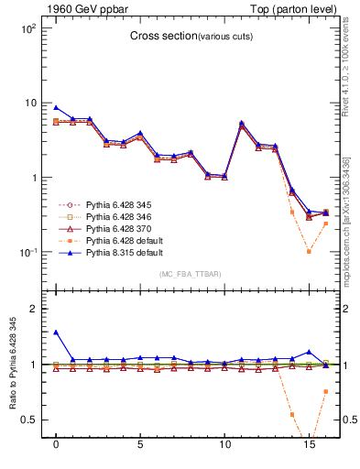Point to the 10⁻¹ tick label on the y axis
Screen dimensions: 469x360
tap(28, 252)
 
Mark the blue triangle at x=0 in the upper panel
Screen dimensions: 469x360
tap(56, 107)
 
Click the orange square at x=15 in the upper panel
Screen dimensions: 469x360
tap(309, 251)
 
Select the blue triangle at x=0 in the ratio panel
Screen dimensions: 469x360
tap(56, 333)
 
